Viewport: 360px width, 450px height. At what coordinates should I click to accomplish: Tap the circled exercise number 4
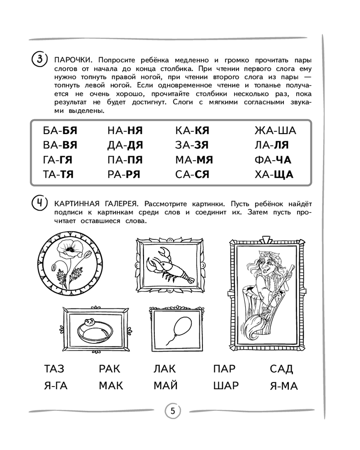(40, 206)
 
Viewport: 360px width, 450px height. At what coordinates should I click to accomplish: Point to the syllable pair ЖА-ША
(275, 131)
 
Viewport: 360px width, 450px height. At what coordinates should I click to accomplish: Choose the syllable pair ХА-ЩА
(274, 174)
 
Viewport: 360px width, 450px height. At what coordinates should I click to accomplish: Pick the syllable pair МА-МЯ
(193, 160)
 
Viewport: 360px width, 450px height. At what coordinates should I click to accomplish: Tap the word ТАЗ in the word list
(54, 369)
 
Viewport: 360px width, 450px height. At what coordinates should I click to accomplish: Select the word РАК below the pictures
(110, 369)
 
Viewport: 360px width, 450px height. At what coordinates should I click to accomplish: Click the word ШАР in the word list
(226, 386)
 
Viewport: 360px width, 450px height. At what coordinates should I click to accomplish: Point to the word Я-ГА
(56, 386)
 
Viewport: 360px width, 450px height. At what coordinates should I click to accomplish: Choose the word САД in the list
(282, 369)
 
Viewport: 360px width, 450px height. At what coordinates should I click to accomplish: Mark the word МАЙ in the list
(165, 386)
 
